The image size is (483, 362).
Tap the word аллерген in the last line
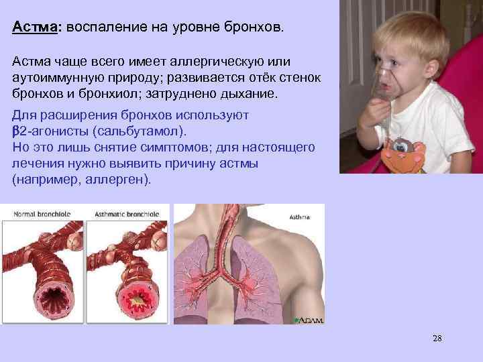[117, 180]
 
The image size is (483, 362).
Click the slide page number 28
[437, 338]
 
